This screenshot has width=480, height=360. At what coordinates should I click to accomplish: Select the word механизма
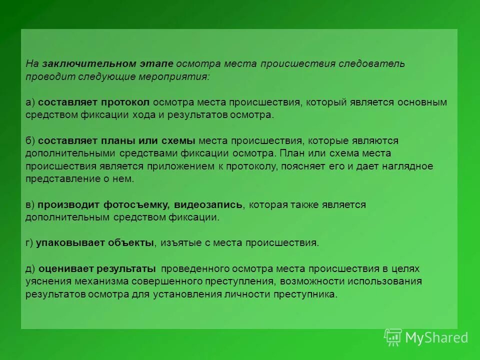click(90, 281)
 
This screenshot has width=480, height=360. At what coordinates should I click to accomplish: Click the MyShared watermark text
click(436, 338)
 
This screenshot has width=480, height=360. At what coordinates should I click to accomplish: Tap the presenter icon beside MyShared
click(393, 337)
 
